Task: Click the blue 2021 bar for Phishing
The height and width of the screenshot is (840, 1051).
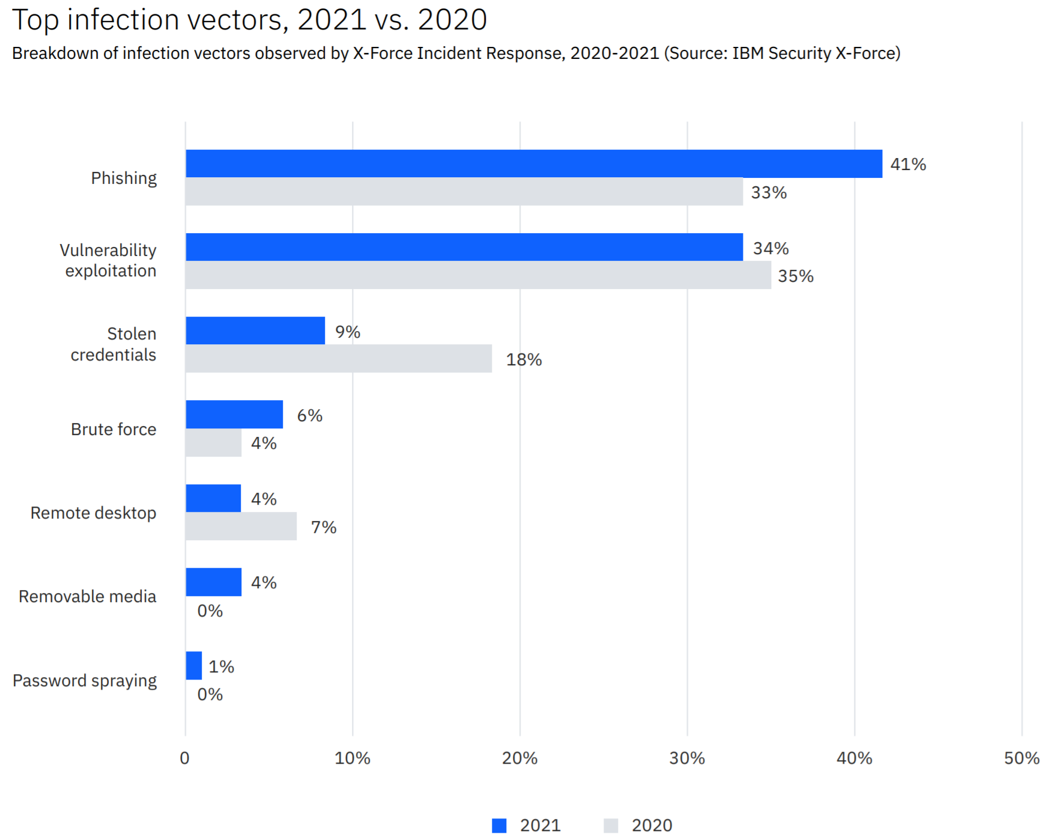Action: (533, 163)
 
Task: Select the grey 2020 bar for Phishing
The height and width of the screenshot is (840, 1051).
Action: (464, 192)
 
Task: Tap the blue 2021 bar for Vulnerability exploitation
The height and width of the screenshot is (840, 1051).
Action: (464, 247)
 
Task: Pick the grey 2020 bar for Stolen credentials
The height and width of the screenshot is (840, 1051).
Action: (338, 359)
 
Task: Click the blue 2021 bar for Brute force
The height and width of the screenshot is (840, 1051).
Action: (234, 415)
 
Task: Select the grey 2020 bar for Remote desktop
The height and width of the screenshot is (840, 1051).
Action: (241, 526)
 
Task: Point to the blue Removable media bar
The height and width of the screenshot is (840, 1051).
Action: (213, 582)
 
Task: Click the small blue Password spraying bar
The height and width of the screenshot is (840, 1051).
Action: (193, 666)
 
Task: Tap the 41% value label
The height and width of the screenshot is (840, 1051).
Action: (907, 165)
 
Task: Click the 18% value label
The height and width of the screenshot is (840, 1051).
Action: (524, 360)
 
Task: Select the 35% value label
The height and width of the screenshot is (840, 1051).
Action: (795, 276)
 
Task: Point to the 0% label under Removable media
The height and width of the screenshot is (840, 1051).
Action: (210, 611)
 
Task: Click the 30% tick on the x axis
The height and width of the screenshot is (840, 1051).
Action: (687, 758)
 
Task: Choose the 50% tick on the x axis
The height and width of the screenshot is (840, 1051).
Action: (1021, 758)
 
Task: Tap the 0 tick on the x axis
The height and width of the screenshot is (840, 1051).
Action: (184, 758)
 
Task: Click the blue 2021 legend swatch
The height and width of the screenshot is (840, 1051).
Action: (499, 826)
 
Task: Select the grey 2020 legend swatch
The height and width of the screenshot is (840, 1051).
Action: (611, 826)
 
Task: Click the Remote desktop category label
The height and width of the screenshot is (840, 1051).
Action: (93, 513)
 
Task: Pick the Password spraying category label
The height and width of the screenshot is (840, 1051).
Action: (85, 681)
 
